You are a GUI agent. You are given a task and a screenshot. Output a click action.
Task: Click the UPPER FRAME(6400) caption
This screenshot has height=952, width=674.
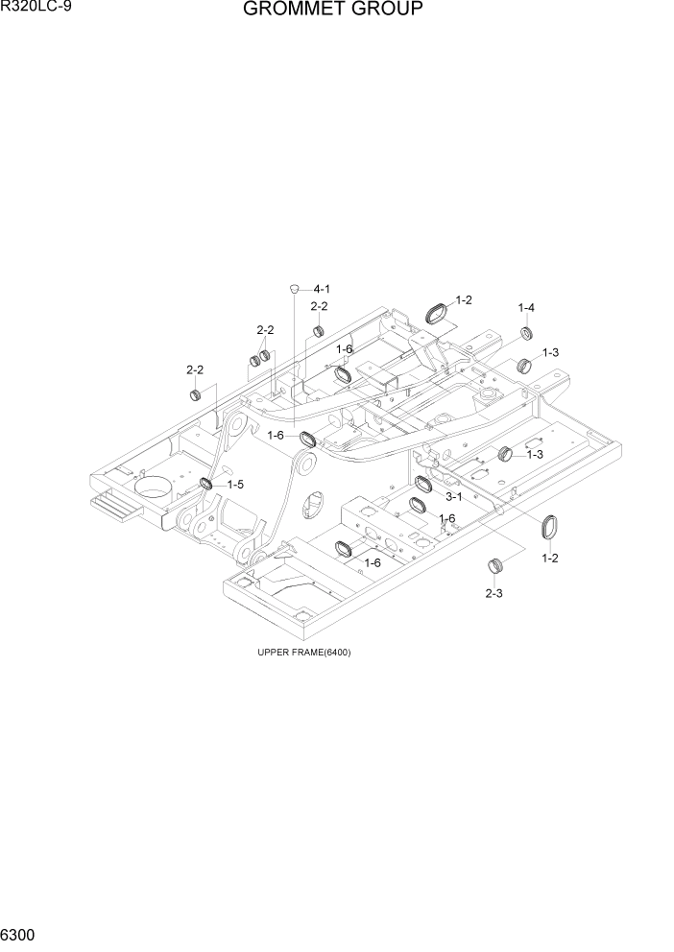303,653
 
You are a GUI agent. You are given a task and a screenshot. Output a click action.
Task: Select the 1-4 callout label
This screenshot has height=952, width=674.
526,308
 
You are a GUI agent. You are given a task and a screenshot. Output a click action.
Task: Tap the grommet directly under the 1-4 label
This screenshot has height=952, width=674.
526,333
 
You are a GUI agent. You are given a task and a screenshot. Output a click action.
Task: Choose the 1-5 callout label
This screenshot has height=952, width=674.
234,485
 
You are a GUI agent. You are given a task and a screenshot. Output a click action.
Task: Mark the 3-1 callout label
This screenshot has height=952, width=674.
454,496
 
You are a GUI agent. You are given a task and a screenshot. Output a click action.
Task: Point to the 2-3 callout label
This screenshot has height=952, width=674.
494,593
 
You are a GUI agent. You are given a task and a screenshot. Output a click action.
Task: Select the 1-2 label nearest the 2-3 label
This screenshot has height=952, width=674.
550,558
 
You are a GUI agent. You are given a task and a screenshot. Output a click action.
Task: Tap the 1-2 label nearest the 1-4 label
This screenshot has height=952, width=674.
464,300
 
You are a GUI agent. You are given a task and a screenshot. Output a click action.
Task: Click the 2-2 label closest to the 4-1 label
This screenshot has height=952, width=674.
319,306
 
